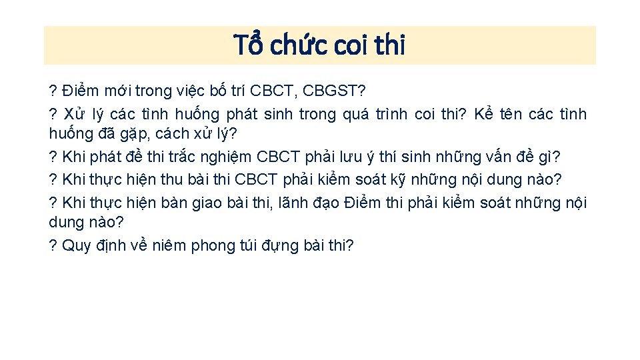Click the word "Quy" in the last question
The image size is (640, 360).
(75, 246)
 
